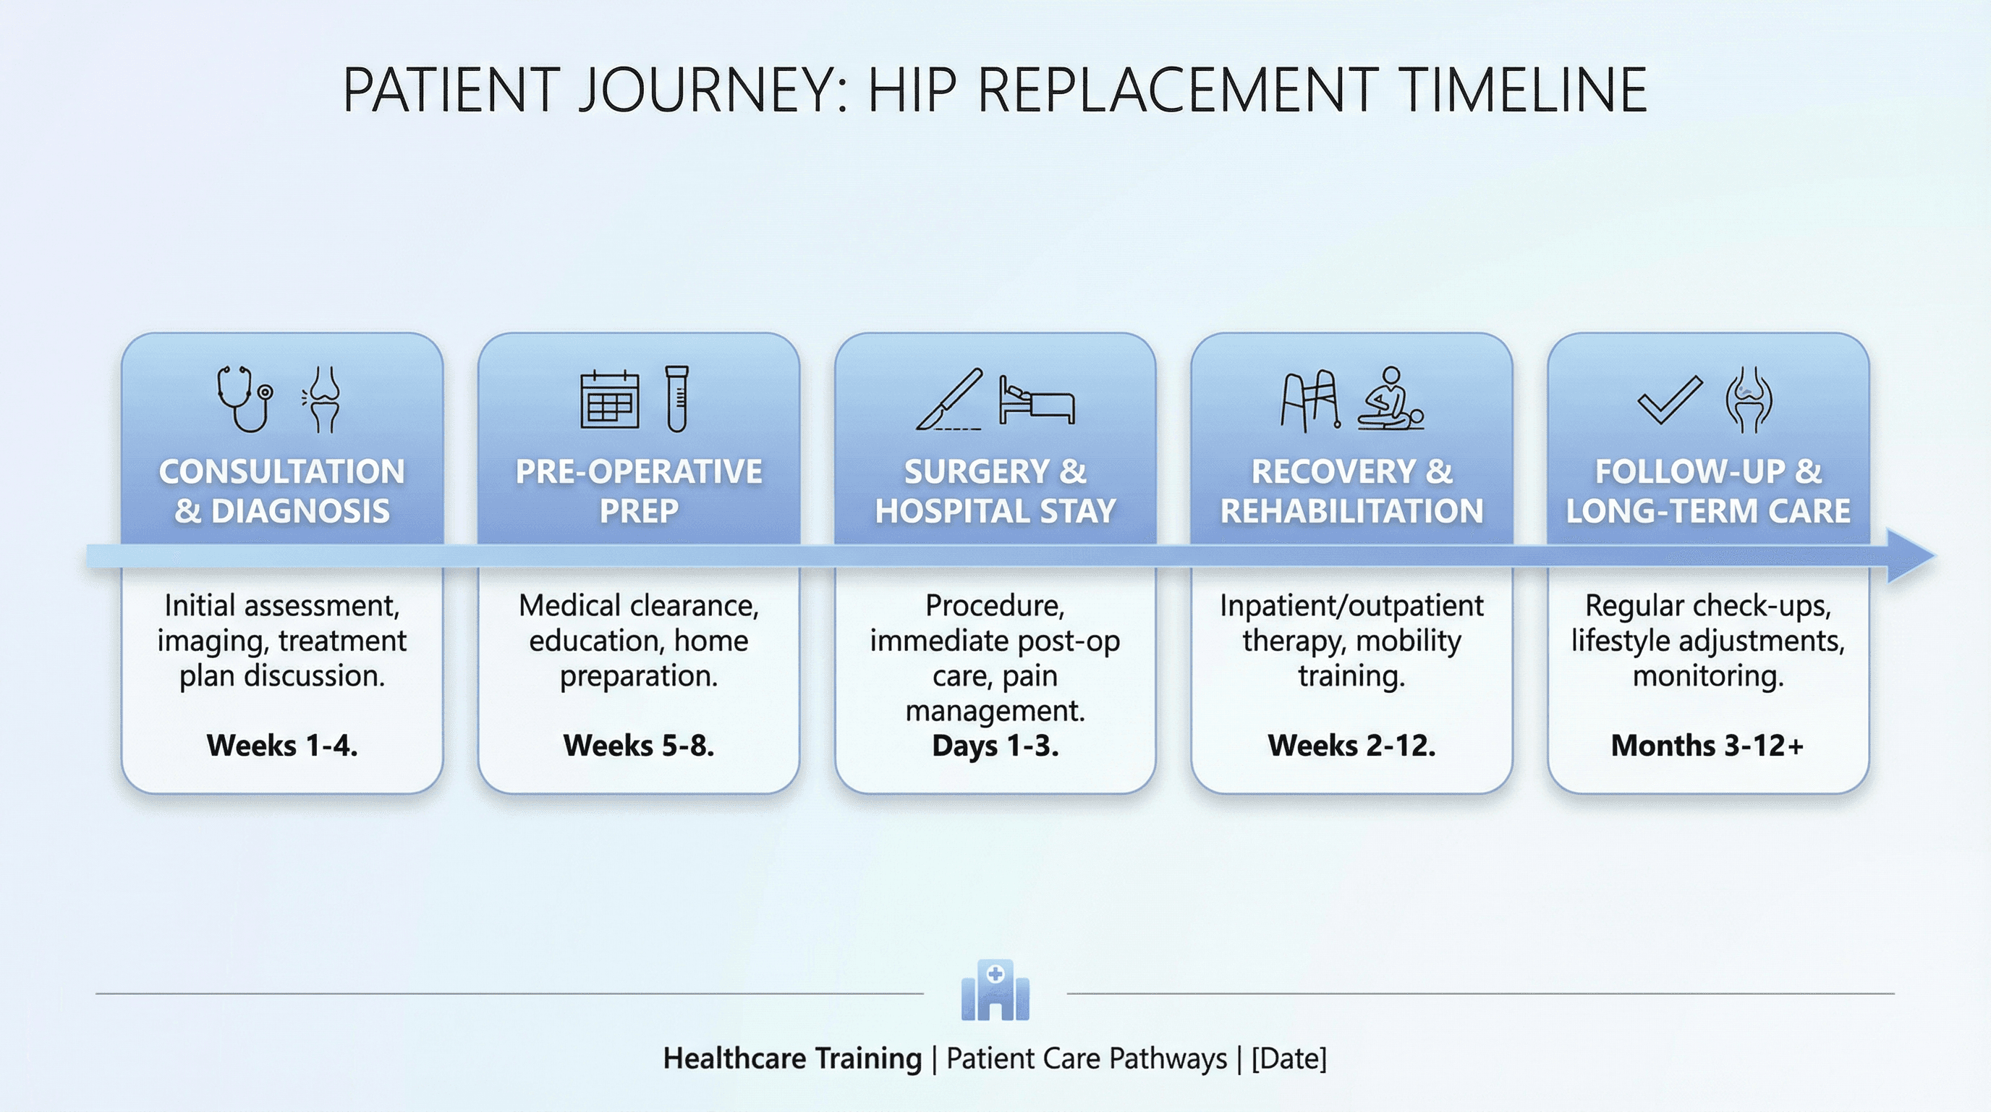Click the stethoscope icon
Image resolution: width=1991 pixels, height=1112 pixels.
(245, 399)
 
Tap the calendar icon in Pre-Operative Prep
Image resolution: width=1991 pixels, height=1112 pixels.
(609, 400)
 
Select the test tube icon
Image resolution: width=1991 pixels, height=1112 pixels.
(676, 399)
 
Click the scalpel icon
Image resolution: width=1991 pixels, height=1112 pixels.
(950, 399)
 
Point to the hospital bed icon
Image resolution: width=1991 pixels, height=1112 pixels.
(1037, 400)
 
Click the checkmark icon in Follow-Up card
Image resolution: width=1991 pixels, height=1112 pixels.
(1670, 399)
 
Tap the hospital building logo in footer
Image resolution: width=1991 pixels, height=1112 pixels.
(995, 990)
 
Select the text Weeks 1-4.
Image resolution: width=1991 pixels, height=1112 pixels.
(282, 746)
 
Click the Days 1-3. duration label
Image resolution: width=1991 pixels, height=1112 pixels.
(995, 746)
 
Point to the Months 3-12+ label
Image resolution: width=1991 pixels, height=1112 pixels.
(1707, 746)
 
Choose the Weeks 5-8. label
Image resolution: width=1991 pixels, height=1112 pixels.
(638, 746)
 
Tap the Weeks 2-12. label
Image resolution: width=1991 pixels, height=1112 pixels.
(1351, 746)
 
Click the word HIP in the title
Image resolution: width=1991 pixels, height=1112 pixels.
(912, 90)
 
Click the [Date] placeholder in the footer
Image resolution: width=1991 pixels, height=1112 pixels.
(1289, 1058)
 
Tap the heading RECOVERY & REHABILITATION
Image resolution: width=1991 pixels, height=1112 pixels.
(1351, 491)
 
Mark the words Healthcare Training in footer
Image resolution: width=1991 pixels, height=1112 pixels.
(792, 1058)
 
